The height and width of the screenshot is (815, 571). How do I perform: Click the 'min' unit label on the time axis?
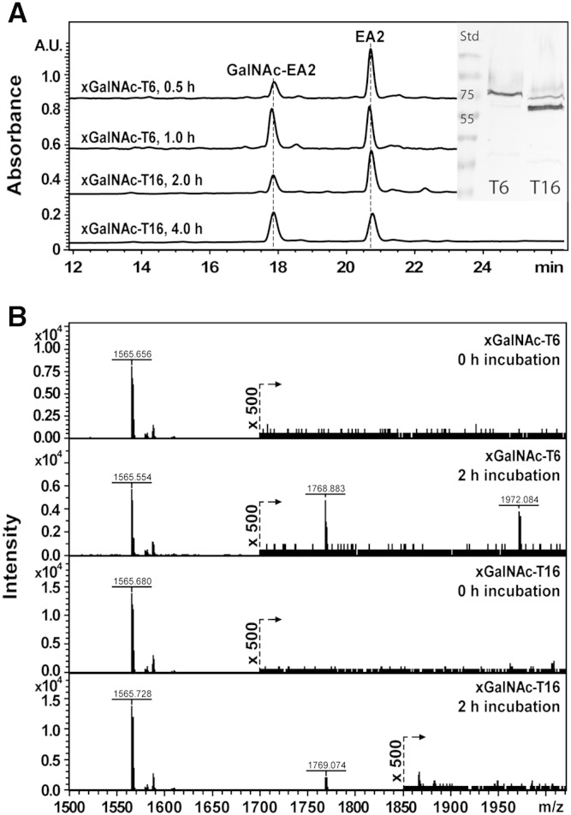(548, 267)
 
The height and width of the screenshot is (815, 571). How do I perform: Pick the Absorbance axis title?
(15, 141)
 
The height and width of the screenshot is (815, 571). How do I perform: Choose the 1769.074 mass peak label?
(325, 740)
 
